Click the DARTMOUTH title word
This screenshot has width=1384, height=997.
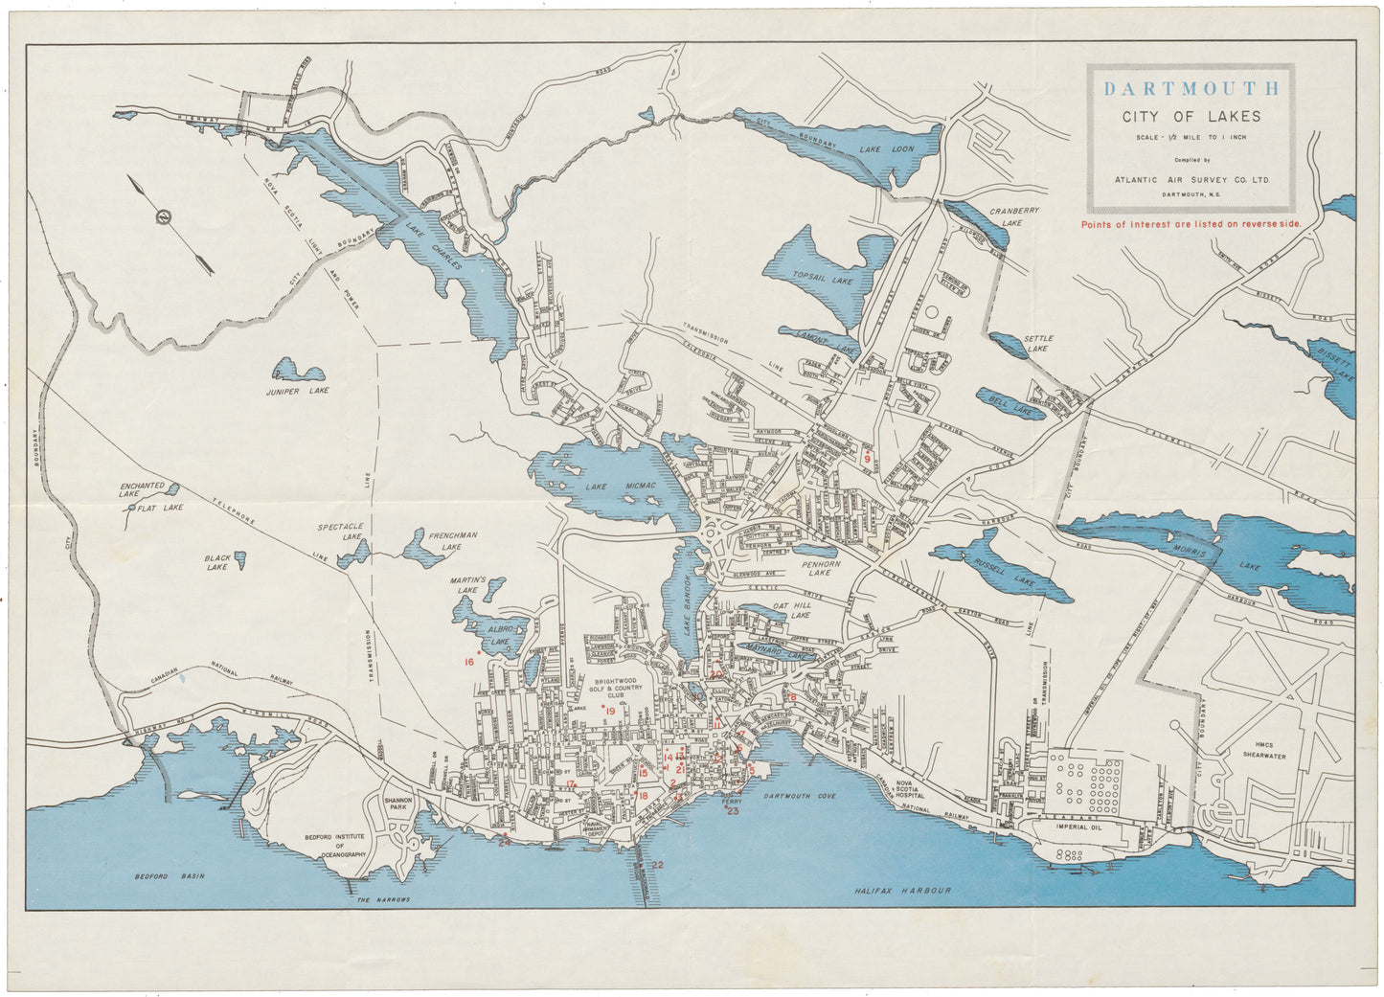coord(1191,89)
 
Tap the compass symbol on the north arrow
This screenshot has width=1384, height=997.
coord(166,217)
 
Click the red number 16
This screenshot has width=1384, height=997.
coord(470,662)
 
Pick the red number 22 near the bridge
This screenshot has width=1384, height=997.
coord(657,865)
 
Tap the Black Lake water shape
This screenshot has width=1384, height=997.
coord(240,556)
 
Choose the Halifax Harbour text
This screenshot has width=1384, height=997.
coord(903,891)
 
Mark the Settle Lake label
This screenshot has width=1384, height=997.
coord(1038,344)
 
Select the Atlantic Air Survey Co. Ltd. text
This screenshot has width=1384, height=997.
coord(1191,178)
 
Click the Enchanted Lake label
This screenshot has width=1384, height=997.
coord(143,489)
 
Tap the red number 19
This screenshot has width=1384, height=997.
coord(610,711)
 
